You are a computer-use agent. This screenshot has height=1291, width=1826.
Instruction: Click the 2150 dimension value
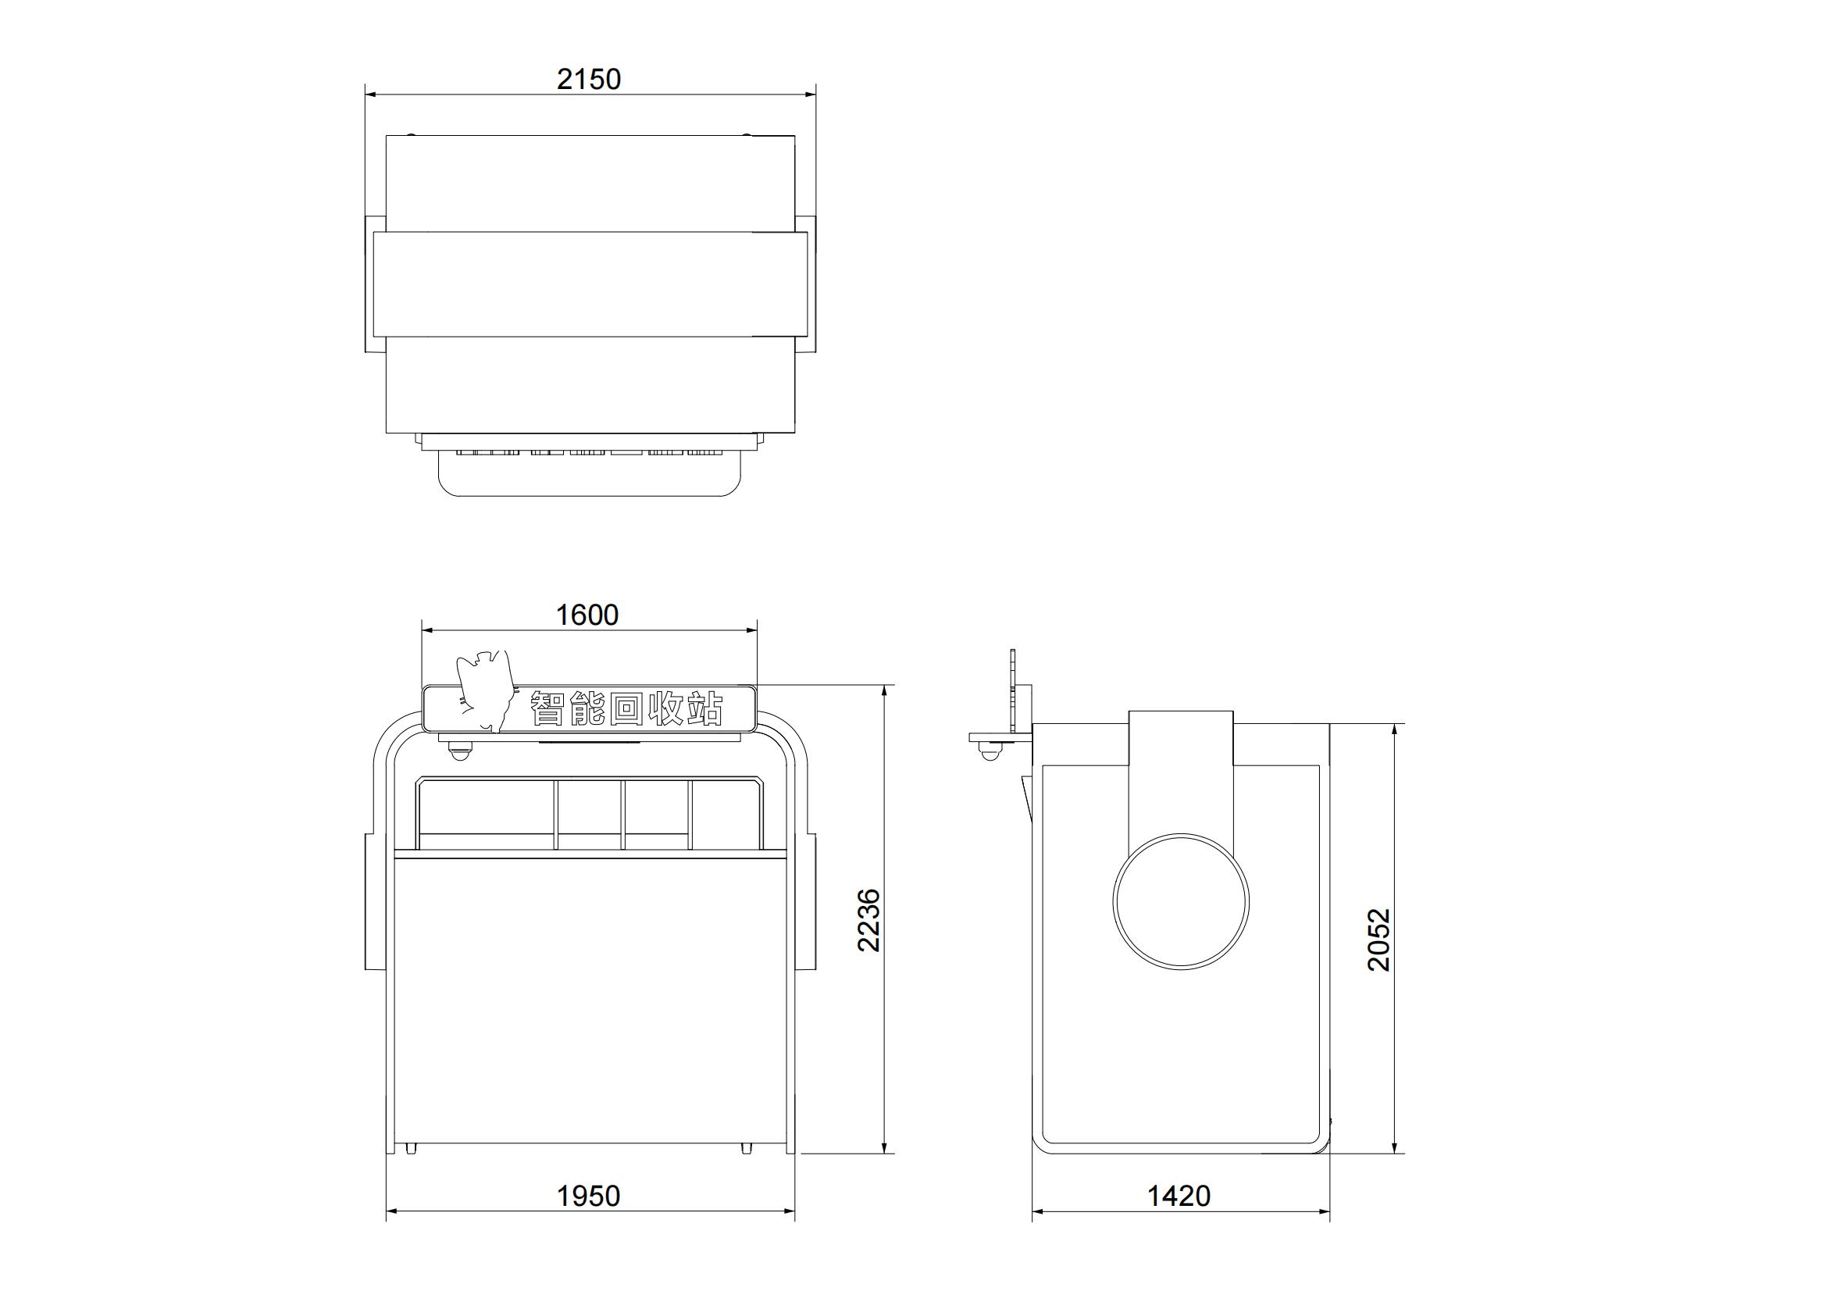[x=589, y=80]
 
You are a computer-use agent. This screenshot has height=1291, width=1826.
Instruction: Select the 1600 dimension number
[x=587, y=615]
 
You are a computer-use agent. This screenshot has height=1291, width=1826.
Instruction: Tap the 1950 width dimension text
[x=589, y=1196]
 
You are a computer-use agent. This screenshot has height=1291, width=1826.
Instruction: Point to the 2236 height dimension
[x=868, y=919]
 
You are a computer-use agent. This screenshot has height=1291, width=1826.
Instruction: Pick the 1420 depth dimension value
[x=1179, y=1196]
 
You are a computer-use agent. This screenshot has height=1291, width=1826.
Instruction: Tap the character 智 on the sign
[x=548, y=708]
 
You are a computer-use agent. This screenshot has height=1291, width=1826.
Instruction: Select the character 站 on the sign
[x=704, y=708]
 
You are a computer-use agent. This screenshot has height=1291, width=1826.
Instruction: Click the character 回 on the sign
[x=626, y=708]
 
